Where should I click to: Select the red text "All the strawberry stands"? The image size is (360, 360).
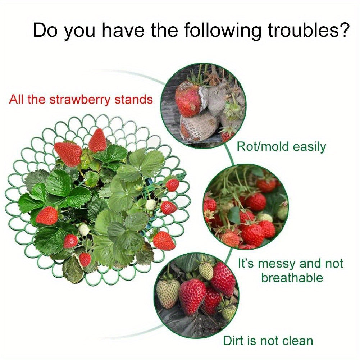[x=81, y=99]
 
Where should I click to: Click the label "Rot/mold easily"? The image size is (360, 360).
[x=281, y=147]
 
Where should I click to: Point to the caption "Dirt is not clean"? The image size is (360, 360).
[x=268, y=340]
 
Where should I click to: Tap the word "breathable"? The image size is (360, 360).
[x=292, y=278]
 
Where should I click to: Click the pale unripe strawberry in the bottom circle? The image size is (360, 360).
[x=168, y=293]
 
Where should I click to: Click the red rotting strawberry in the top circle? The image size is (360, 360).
[x=188, y=101]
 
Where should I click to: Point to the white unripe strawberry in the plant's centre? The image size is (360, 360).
[x=151, y=205]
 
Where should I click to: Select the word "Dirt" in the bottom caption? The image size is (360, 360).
[x=234, y=340]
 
